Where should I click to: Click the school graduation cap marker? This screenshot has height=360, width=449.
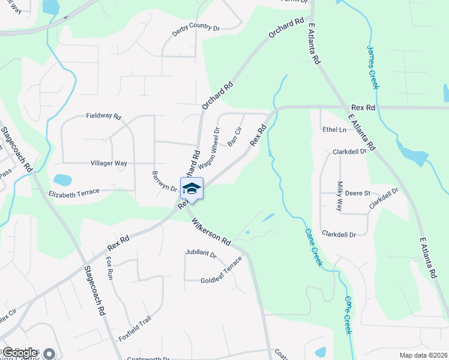pos(191,188)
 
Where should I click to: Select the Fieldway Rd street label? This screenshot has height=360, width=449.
pos(103,116)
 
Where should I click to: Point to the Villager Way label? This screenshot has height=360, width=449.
pos(109,163)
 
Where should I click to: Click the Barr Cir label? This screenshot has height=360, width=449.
pos(234,137)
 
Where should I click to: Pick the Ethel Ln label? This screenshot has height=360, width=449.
pos(334,130)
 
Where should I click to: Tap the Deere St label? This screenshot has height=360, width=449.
pos(358,193)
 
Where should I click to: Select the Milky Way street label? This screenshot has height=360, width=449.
pos(339,196)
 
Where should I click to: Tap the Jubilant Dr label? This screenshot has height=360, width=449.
pos(200,254)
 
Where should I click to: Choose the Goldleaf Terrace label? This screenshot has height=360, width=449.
pos(221,271)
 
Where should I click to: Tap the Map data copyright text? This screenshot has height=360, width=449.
pos(423,355)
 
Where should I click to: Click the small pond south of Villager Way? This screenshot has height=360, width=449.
pos(62,179)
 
